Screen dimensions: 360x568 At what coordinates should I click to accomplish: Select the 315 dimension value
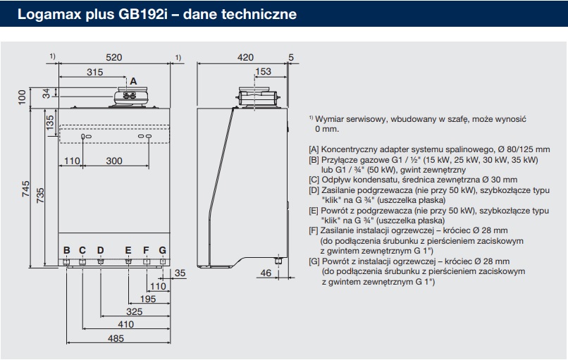point(94,72)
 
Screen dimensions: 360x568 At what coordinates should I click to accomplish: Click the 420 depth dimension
point(246,57)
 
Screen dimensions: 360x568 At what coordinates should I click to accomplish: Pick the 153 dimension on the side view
point(263,71)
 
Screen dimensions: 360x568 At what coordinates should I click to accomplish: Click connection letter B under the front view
point(67,250)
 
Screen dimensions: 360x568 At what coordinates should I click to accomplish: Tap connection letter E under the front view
point(128,250)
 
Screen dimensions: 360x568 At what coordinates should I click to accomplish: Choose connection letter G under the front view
point(163,250)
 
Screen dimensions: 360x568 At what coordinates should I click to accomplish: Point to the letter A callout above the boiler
point(133,82)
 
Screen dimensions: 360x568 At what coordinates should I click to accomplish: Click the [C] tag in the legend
point(314,180)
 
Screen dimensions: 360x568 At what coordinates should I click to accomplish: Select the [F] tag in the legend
point(314,230)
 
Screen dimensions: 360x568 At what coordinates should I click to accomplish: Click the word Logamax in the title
point(40,14)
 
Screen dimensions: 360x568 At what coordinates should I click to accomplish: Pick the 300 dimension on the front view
point(114,161)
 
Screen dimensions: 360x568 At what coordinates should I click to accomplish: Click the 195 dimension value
point(147,299)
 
